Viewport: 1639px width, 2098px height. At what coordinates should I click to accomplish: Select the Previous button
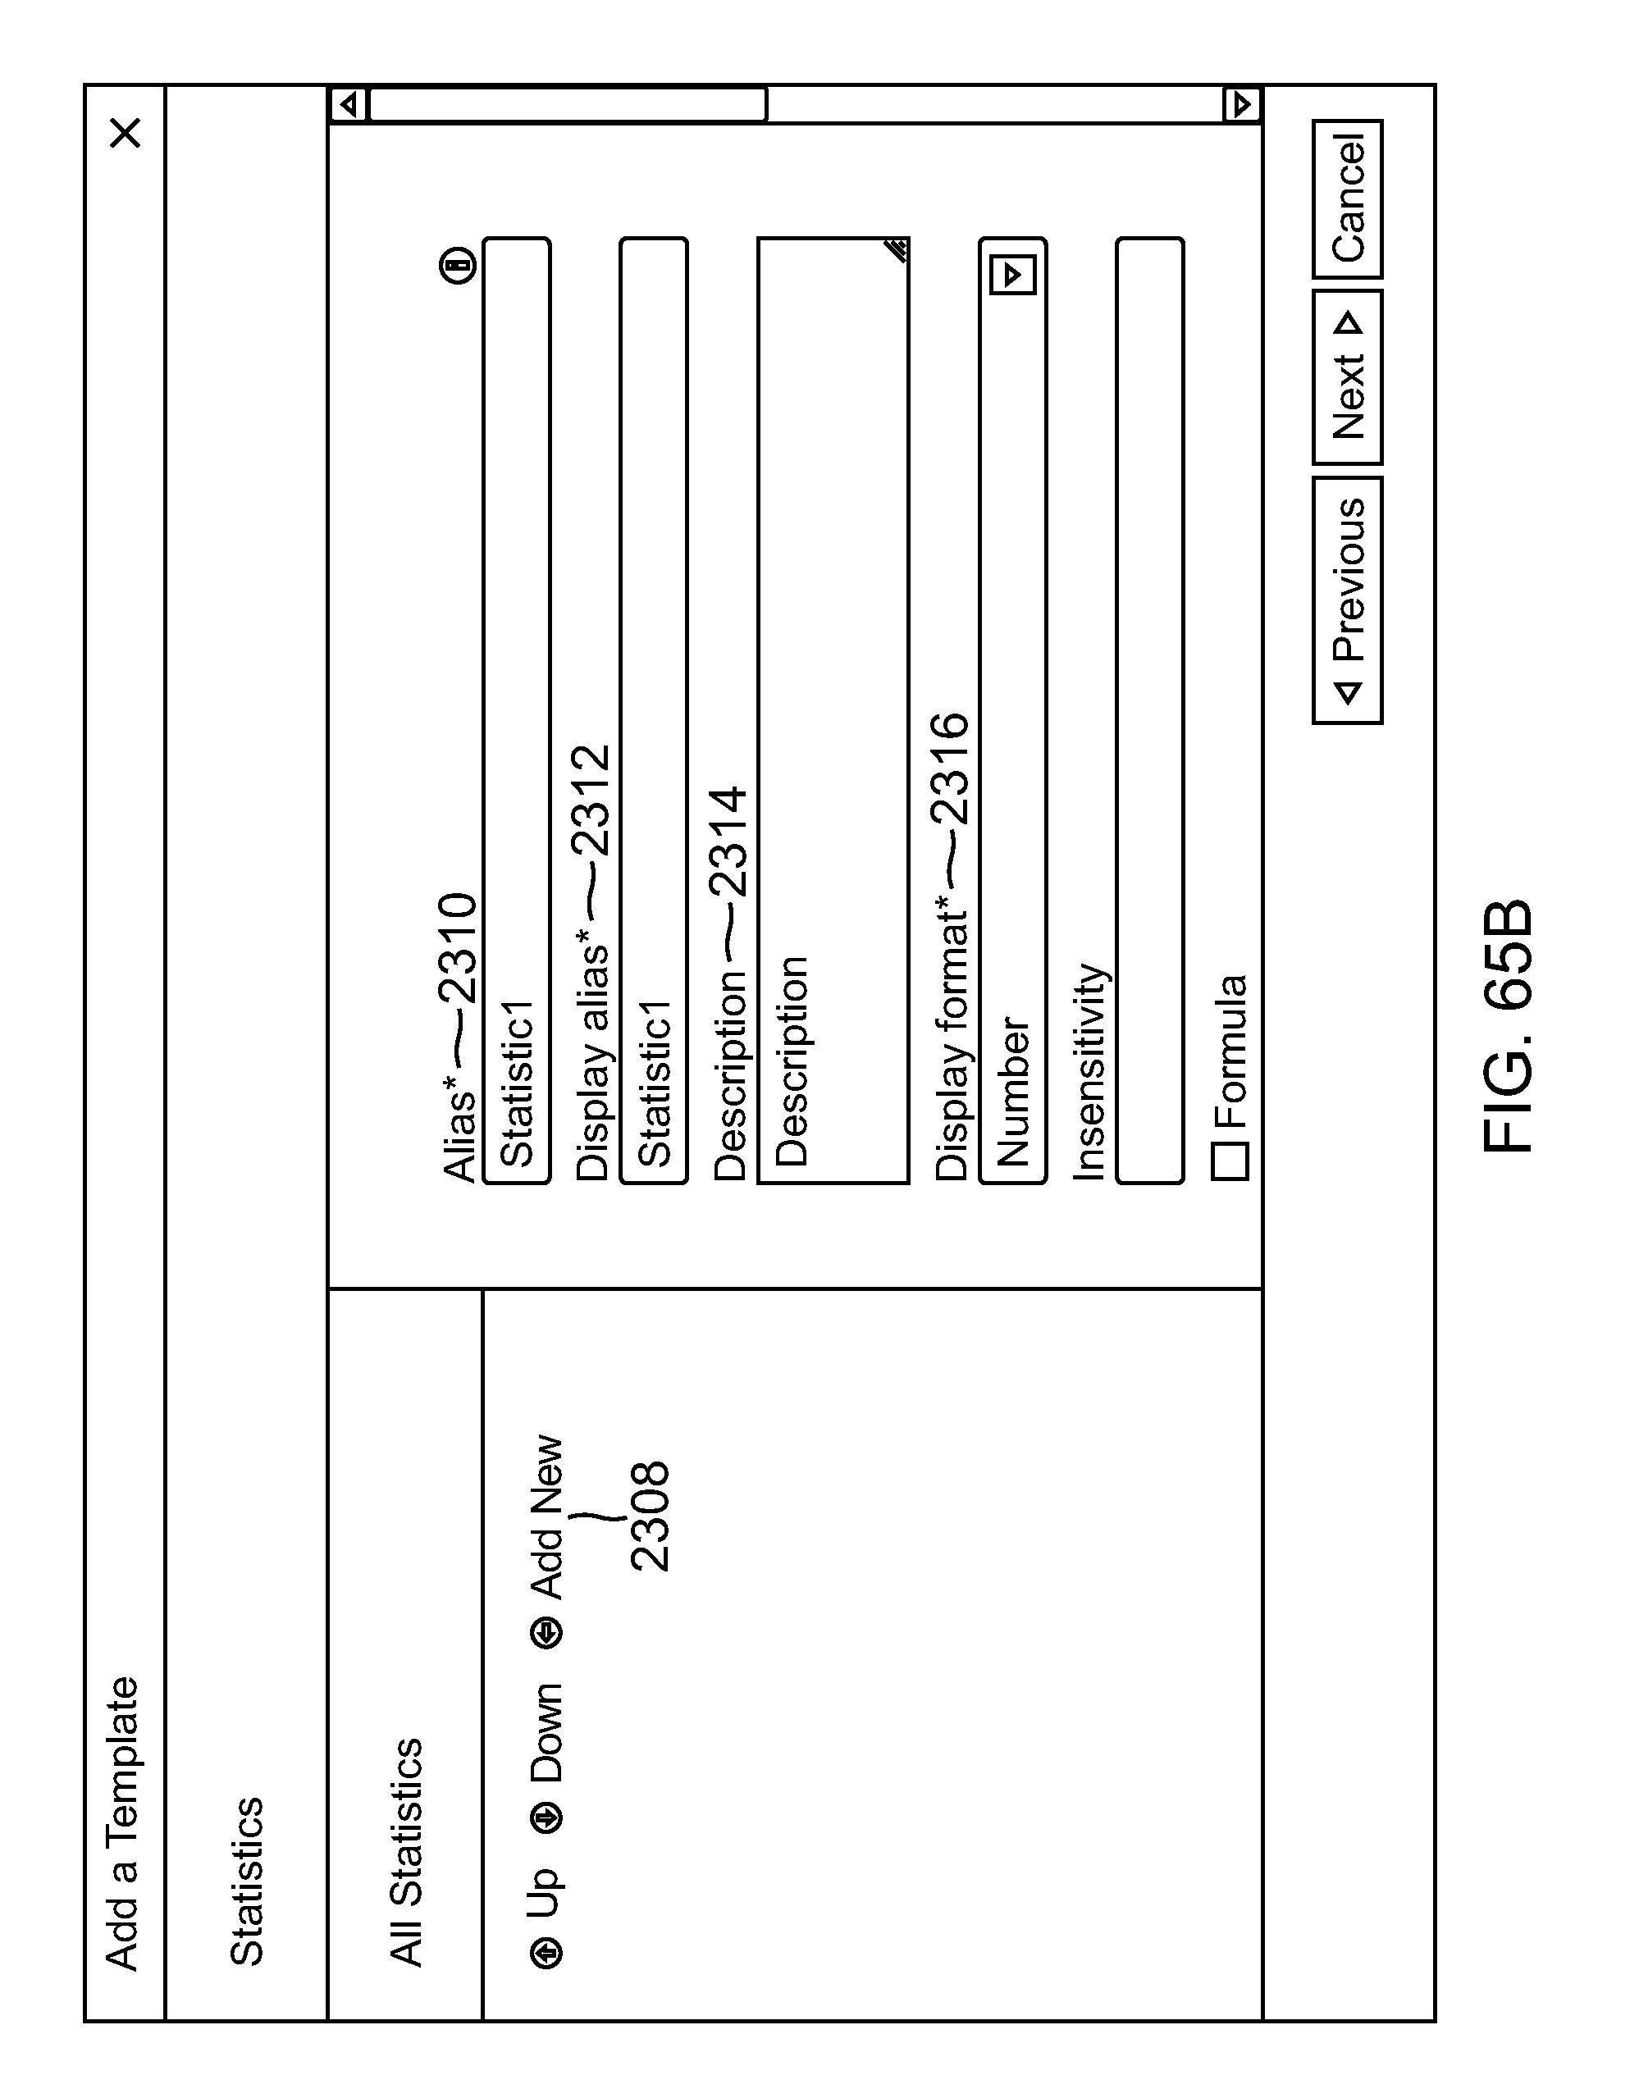pos(1347,600)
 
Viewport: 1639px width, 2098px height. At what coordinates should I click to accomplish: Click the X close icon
pos(126,133)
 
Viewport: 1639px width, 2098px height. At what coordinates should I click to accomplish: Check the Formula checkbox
pos(1230,1161)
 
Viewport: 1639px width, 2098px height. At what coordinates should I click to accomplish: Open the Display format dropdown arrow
pos(1012,276)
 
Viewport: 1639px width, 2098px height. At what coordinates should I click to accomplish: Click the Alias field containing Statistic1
pos(517,711)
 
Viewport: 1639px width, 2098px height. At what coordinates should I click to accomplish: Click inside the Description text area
pos(833,711)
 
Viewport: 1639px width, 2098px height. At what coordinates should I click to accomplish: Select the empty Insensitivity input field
pos(1149,711)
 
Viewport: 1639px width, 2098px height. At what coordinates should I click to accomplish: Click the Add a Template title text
pos(123,1825)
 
